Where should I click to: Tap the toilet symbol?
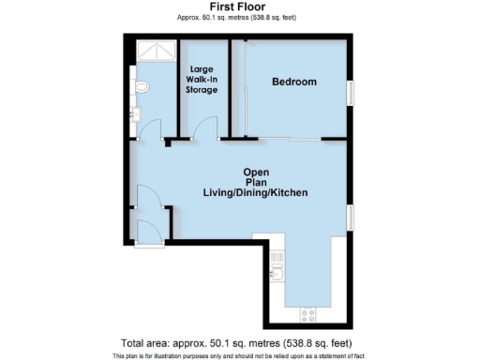pos(141,88)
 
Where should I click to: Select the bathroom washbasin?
pos(137,115)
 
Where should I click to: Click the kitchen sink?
pos(276,273)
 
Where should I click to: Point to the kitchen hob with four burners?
pos(307,312)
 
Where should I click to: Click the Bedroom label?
pos(293,82)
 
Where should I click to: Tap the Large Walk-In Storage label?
pos(203,80)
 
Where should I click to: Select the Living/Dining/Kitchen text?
pos(256,192)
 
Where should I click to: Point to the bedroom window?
pos(351,94)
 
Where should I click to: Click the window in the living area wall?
pos(351,217)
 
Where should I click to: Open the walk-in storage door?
pos(205,128)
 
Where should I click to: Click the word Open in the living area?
pos(256,172)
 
